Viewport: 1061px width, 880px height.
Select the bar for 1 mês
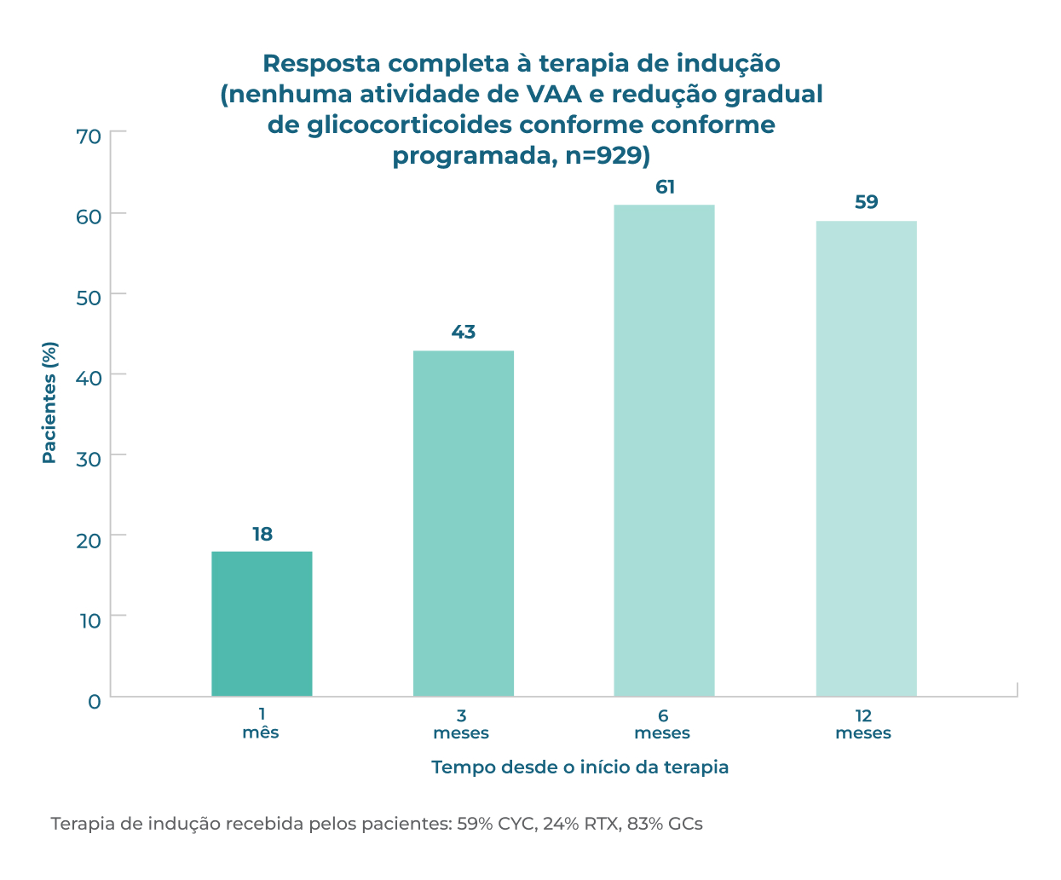(262, 623)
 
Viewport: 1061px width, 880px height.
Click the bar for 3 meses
(463, 523)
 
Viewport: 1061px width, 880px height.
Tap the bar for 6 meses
(664, 450)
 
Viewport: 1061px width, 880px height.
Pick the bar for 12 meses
(866, 458)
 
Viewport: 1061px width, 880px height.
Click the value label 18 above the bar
(262, 535)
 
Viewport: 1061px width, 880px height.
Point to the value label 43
(463, 333)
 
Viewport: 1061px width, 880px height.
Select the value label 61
(665, 188)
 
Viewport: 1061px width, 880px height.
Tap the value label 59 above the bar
(866, 203)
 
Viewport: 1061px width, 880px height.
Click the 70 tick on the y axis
(89, 136)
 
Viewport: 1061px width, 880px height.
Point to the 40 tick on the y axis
(89, 378)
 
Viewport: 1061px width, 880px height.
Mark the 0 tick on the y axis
(94, 701)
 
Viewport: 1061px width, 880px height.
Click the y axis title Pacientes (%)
(49, 402)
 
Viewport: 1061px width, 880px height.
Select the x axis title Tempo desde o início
(580, 767)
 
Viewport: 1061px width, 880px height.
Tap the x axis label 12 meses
(863, 724)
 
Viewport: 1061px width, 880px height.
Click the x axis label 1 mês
(261, 724)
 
